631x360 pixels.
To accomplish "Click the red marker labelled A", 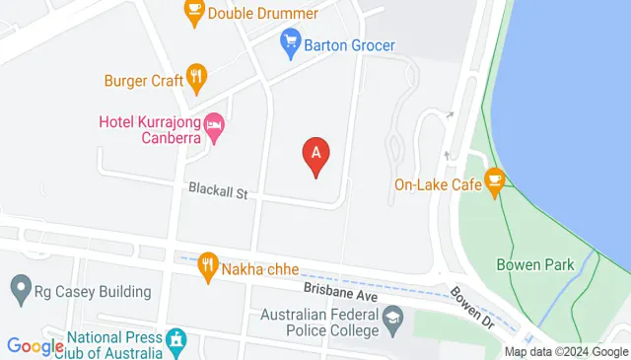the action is [315, 154].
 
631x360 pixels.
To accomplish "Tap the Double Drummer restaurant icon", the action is [194, 12].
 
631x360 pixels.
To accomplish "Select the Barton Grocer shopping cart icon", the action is [290, 42].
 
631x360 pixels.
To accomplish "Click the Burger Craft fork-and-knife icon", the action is [198, 77].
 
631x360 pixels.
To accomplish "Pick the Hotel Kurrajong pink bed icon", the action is [215, 126].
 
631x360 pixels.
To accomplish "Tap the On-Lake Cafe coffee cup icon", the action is [494, 180].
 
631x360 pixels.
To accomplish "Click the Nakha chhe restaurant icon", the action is [207, 264].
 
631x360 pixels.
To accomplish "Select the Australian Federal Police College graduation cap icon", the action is [393, 317].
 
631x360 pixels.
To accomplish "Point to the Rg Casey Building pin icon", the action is [20, 290].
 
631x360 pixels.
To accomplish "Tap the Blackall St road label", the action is [218, 193].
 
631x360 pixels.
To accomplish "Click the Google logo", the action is [35, 346].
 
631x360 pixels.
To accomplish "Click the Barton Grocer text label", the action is [349, 44].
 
